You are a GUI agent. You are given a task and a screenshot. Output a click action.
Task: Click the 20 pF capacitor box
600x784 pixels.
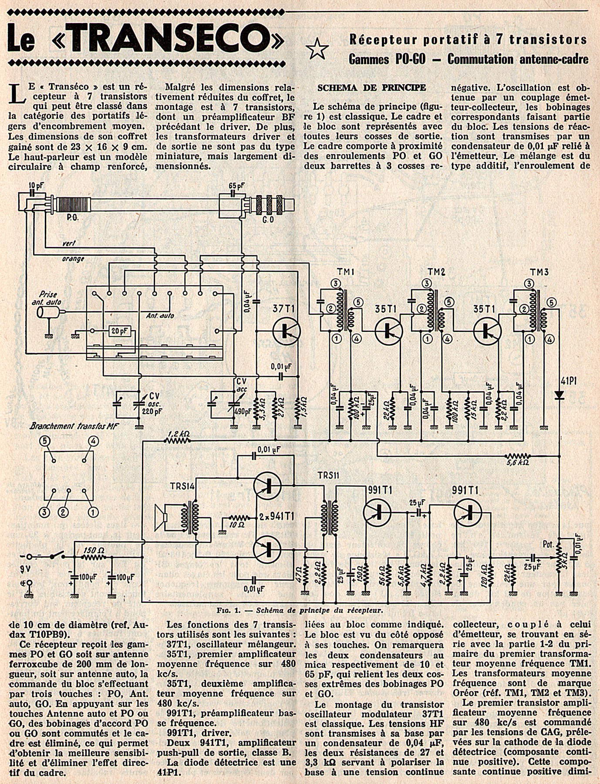tap(119, 331)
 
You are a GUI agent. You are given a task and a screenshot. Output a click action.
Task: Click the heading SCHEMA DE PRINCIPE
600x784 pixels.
tap(371, 88)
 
